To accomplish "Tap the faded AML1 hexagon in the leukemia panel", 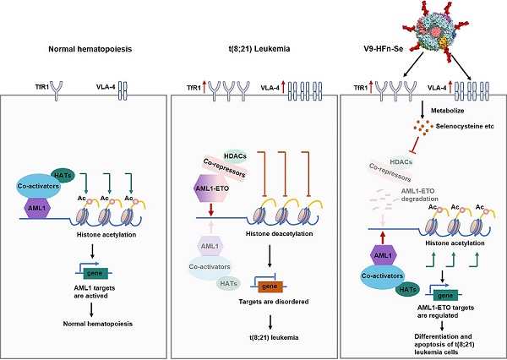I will [x=212, y=245].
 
